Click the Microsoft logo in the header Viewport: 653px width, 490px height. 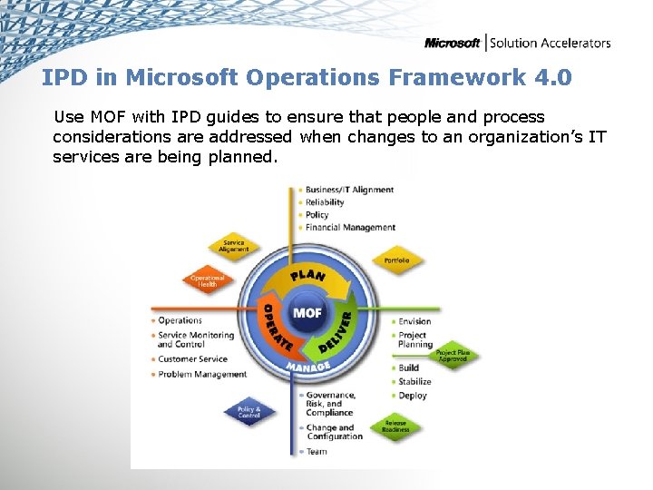coord(453,43)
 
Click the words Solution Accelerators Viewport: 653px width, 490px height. coord(551,43)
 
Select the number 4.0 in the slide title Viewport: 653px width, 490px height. coord(553,77)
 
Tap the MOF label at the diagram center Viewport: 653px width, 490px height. coord(306,313)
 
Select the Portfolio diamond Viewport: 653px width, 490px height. coord(396,260)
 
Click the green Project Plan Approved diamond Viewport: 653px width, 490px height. coord(452,356)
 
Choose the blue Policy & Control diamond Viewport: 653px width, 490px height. coord(249,413)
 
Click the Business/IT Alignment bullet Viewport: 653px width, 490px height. coord(349,190)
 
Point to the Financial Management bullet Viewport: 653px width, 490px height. coord(350,228)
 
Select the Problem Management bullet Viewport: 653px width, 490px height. coord(201,374)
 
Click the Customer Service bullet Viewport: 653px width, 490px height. coord(192,359)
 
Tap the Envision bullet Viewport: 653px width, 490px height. coord(414,321)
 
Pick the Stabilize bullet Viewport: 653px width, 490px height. coord(414,382)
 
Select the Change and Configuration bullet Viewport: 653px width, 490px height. coord(334,432)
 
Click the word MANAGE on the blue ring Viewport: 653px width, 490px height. coord(307,366)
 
